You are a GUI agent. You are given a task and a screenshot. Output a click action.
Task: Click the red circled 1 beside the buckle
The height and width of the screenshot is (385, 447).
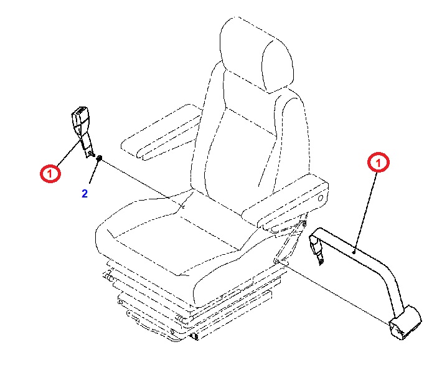[x=50, y=173]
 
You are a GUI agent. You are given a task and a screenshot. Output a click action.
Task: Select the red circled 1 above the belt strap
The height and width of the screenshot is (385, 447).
[x=379, y=163]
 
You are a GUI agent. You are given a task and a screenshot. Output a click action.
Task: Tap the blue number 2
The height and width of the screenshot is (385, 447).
[x=85, y=194]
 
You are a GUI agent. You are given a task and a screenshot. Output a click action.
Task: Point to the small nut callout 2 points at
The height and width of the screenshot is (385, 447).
[x=99, y=158]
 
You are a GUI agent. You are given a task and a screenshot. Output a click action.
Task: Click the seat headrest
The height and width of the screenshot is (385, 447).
[x=256, y=54]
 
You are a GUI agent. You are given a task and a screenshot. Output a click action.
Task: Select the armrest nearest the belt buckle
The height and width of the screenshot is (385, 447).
[x=161, y=131]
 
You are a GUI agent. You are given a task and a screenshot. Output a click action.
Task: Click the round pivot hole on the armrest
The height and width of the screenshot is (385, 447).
[x=321, y=197]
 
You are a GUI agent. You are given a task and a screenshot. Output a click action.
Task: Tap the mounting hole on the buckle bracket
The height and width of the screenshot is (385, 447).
[x=90, y=154]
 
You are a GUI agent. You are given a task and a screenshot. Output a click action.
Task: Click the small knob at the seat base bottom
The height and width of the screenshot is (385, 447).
[x=195, y=336]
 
